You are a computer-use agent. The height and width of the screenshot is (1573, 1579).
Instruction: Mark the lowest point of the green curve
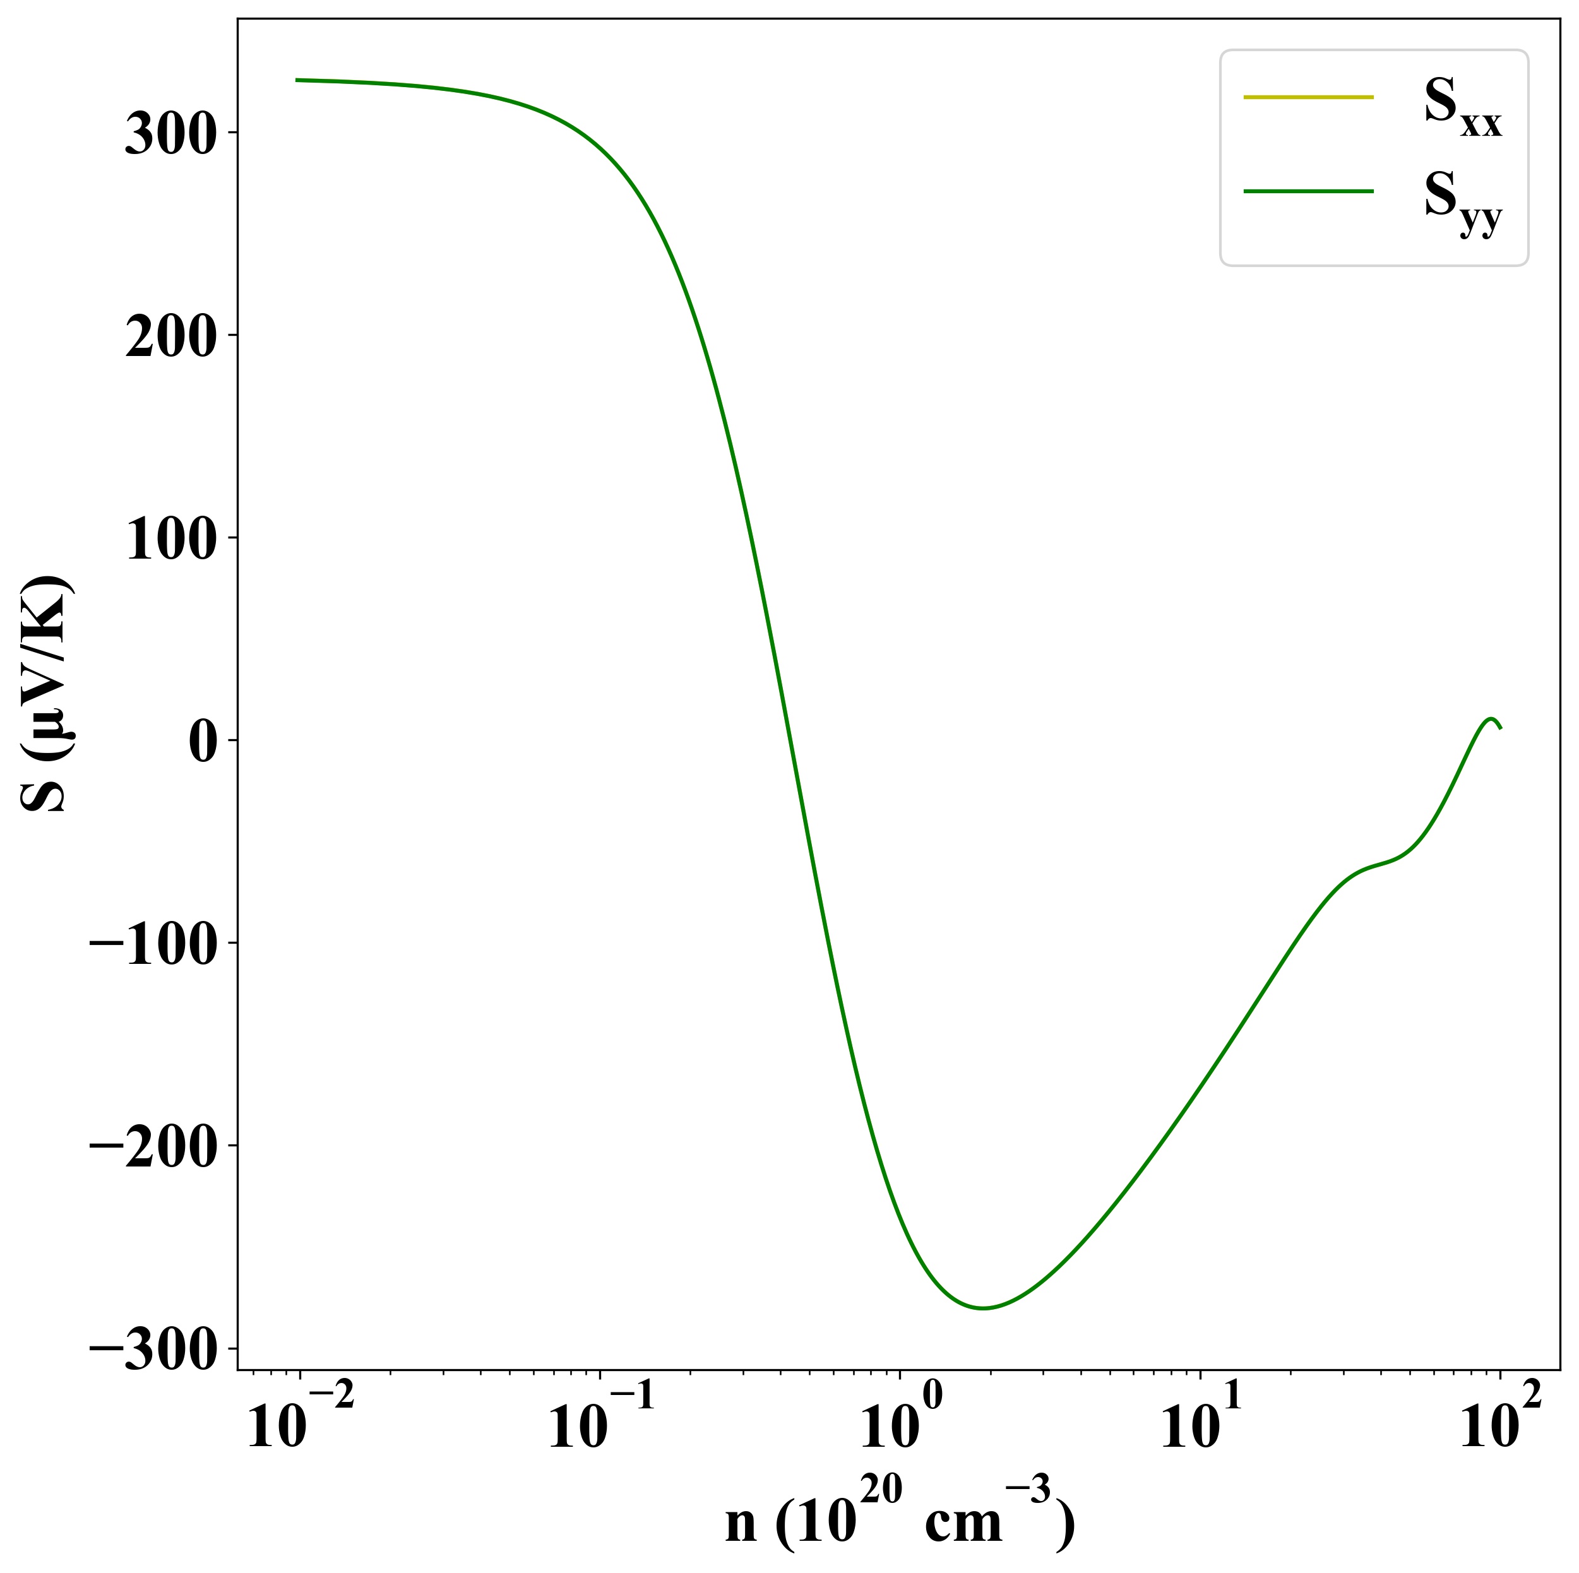pyautogui.click(x=983, y=1309)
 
